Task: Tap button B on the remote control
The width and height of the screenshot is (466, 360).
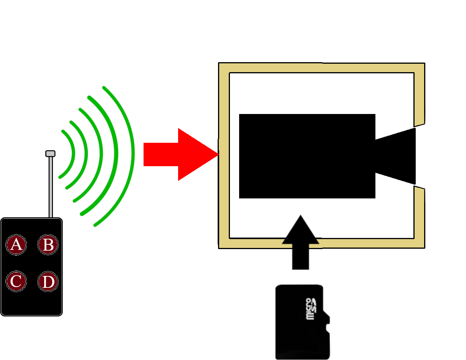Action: (x=48, y=244)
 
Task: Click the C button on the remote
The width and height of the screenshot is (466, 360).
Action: (x=16, y=281)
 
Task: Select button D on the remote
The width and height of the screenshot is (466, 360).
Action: (x=48, y=282)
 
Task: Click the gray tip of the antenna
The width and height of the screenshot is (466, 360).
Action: (x=50, y=154)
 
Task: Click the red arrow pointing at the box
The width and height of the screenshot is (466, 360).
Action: (x=181, y=155)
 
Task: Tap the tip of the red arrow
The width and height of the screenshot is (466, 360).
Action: (x=219, y=154)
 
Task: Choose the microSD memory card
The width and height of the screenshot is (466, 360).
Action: (x=302, y=322)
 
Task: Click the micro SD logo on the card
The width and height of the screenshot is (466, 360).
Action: (x=311, y=309)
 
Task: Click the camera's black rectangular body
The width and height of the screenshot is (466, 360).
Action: (x=307, y=156)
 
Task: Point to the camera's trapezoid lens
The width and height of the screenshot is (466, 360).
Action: (x=396, y=156)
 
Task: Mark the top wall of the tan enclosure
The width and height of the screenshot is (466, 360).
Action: (x=322, y=68)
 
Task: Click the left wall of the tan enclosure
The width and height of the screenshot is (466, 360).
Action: (x=224, y=155)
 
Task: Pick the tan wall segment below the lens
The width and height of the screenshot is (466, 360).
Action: (x=419, y=216)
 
